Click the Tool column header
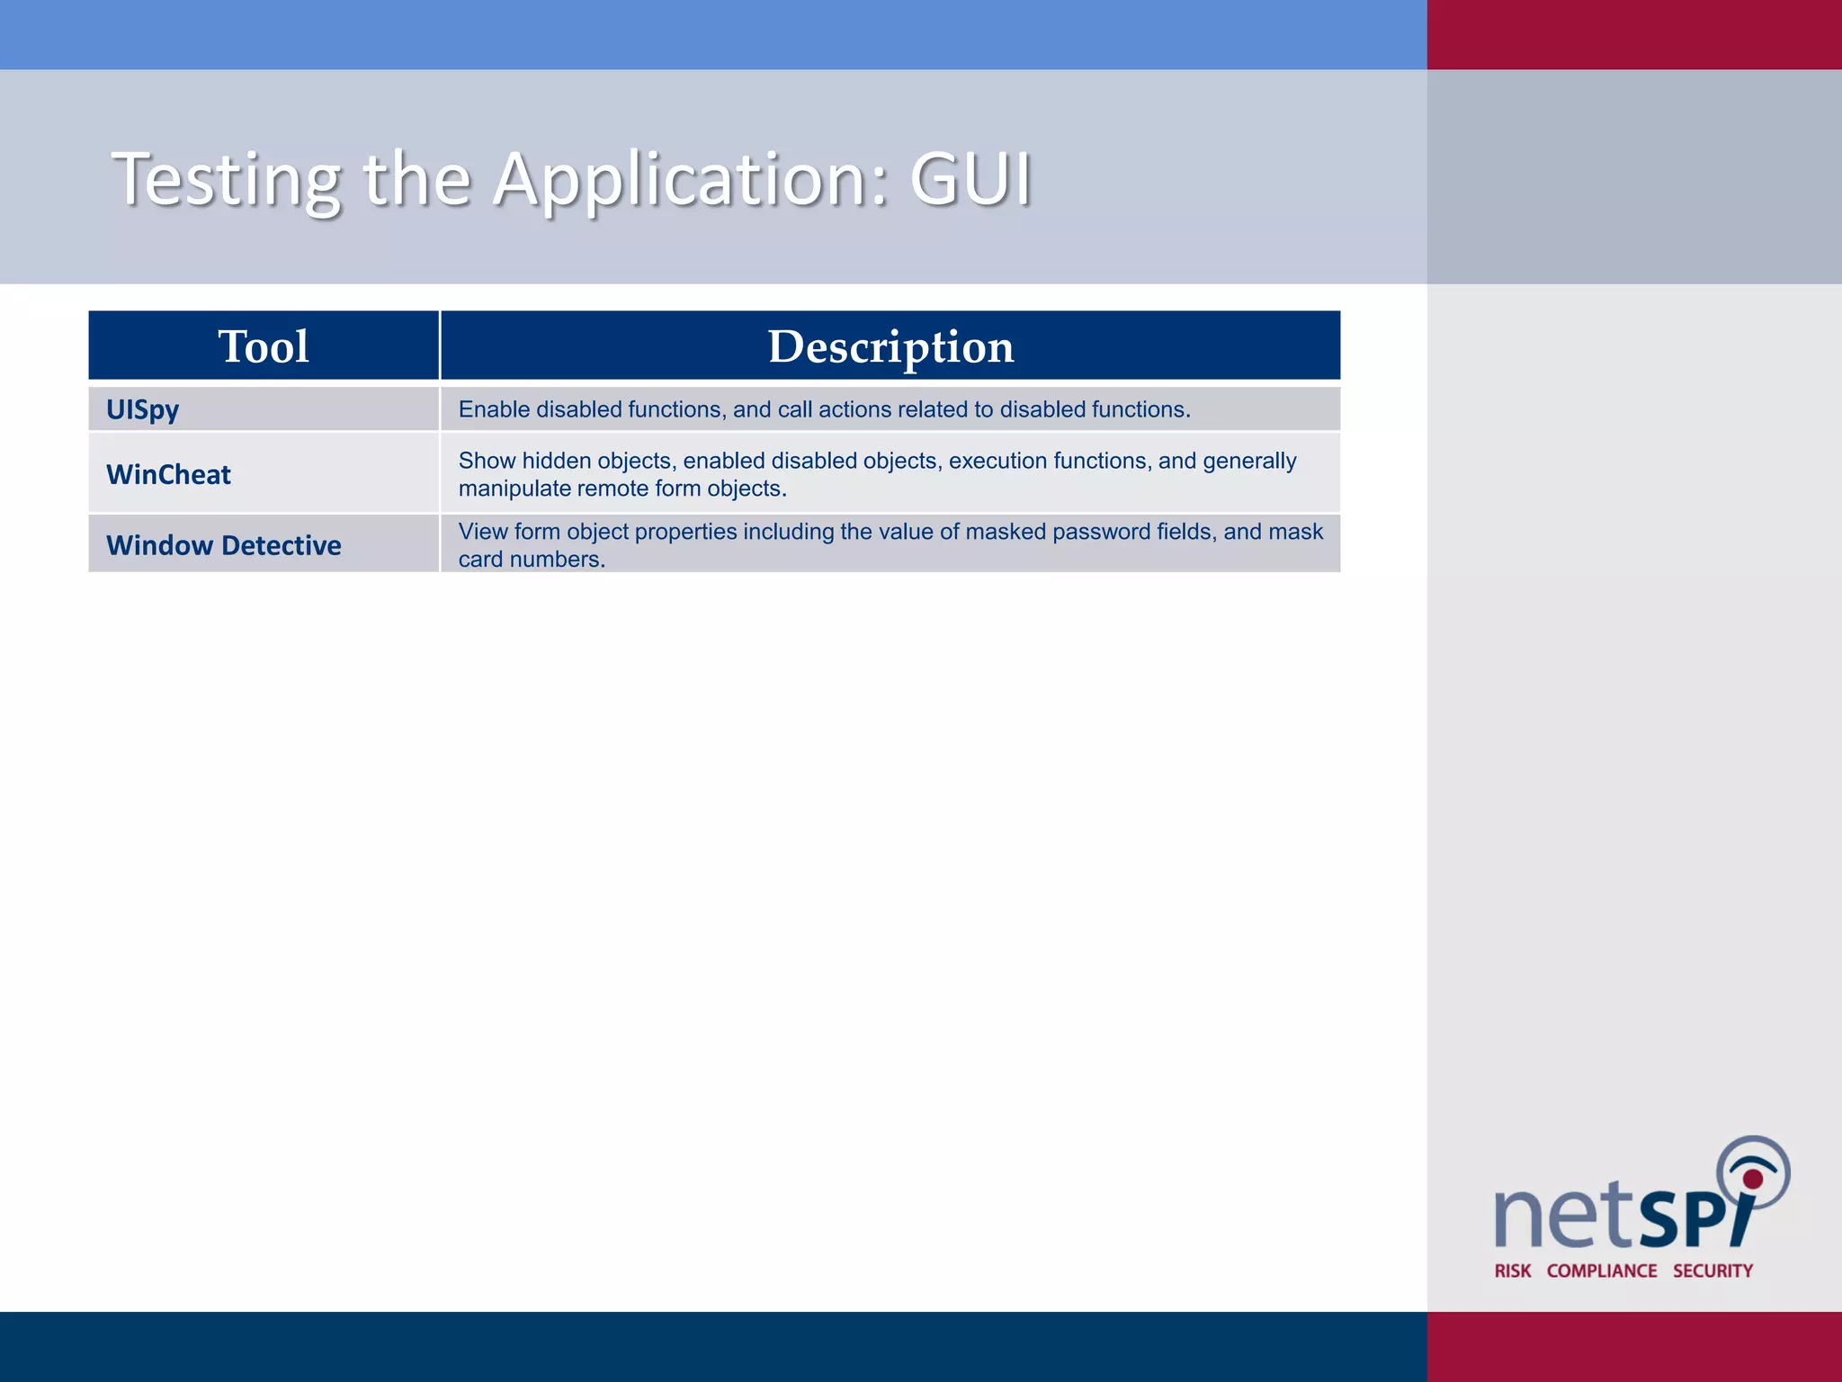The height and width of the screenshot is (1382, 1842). pos(264,346)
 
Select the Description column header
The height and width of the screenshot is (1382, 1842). pos(890,346)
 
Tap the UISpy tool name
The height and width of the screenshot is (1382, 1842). pos(142,409)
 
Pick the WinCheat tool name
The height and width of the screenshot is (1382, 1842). pos(168,474)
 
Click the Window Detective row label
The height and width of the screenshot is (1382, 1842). pos(223,545)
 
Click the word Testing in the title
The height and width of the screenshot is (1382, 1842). pos(226,179)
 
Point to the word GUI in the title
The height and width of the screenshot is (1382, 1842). pos(970,179)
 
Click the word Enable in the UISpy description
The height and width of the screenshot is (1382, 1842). pos(494,409)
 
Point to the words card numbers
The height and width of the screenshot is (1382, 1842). pos(531,560)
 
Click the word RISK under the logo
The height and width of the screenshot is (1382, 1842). pos(1513,1270)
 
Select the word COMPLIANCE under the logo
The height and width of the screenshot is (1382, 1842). pos(1602,1270)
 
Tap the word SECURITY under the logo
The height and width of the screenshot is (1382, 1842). pos(1712,1270)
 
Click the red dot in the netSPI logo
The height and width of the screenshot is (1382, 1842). pos(1753,1179)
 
